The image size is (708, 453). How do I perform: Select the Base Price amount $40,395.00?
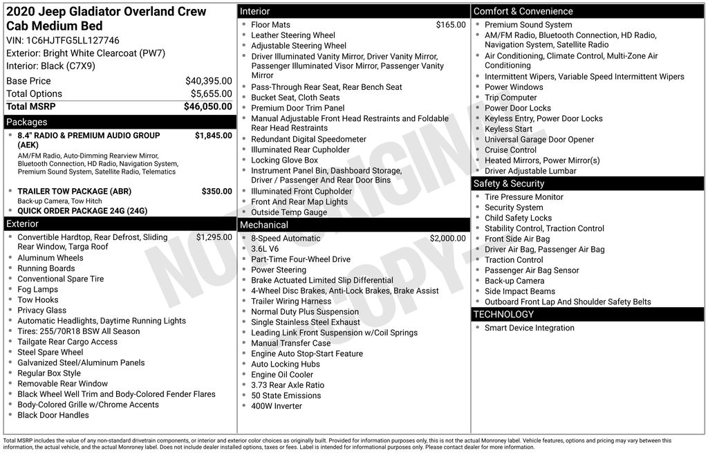209,81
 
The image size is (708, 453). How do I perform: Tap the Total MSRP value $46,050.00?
208,107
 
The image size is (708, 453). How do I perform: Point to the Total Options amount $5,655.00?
212,93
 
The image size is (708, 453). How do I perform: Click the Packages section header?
26,122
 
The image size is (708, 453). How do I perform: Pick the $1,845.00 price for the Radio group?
214,136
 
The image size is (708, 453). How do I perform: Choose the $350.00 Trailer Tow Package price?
217,191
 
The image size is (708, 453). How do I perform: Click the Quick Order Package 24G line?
82,211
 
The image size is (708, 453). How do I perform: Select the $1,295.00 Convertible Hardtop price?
214,237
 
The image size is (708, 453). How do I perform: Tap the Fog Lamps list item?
37,289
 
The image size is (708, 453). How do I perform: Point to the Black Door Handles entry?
53,415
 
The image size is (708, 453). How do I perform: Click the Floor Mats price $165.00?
451,25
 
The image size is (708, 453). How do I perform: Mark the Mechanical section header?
263,225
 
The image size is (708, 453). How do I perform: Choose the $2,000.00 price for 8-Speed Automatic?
448,238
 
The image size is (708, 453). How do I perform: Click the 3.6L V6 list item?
265,249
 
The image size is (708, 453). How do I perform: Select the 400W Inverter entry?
277,406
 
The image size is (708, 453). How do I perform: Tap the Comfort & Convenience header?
523,11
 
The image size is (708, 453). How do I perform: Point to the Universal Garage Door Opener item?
539,139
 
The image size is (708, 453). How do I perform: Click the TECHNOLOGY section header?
503,315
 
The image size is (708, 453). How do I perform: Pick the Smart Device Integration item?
530,328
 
